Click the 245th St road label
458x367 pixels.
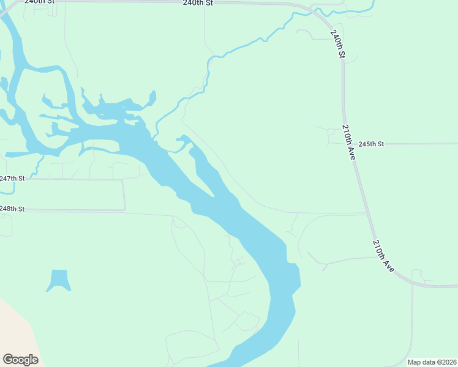point(371,144)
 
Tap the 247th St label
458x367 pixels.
point(12,179)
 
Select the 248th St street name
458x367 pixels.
point(12,209)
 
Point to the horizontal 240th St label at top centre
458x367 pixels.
point(198,3)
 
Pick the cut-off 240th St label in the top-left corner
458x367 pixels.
point(40,2)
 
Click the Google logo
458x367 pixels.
point(20,360)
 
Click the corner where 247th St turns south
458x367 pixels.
point(123,180)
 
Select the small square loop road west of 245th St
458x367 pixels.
point(331,132)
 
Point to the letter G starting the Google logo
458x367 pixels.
point(7,360)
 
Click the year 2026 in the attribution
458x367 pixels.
point(447,362)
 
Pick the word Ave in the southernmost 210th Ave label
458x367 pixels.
point(388,264)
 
